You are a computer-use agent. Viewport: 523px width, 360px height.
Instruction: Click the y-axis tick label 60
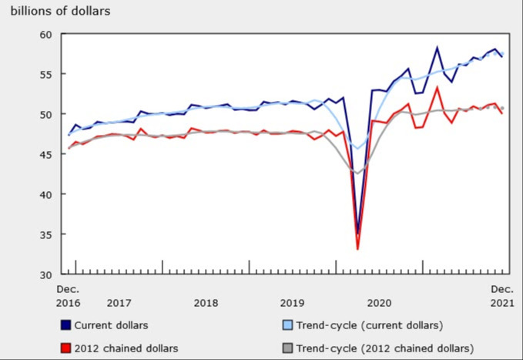45,35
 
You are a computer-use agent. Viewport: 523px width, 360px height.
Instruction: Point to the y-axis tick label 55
45,75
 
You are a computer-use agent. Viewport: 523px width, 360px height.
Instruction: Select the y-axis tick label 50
45,115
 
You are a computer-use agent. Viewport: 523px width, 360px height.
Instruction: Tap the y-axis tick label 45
45,155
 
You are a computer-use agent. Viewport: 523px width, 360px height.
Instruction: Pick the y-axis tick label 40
45,195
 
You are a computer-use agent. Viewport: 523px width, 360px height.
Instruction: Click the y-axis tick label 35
45,235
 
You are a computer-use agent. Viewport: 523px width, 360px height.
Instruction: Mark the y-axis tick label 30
45,275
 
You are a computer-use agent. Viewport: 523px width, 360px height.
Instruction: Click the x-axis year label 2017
119,302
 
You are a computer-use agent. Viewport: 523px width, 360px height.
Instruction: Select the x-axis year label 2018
206,302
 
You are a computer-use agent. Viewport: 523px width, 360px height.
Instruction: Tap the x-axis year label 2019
293,302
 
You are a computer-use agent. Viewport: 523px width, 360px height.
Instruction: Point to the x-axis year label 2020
380,302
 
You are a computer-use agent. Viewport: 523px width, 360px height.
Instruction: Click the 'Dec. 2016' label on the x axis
68,295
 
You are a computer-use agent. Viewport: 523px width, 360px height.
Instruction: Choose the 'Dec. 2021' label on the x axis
502,295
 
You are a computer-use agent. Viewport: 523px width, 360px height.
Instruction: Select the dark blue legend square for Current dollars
67,325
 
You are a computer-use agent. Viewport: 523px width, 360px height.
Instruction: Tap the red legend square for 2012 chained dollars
67,348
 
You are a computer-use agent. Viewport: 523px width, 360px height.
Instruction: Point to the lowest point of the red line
358,249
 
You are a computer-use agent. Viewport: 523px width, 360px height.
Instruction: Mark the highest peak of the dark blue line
438,48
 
